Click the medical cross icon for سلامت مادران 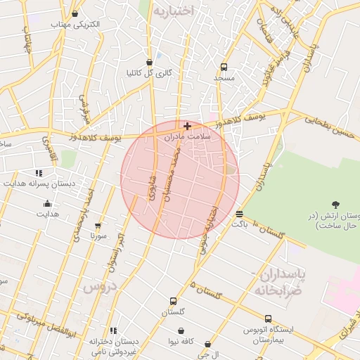(x=187, y=126)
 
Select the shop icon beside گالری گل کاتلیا (x=149, y=61)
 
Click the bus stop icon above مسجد (x=224, y=67)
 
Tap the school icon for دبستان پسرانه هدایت (x=39, y=172)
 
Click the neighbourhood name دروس (x=98, y=287)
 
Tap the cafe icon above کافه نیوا (x=181, y=330)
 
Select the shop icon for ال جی (x=207, y=345)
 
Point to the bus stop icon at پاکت (x=240, y=214)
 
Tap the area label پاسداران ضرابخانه (x=277, y=281)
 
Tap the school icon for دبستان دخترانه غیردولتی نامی (x=113, y=330)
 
